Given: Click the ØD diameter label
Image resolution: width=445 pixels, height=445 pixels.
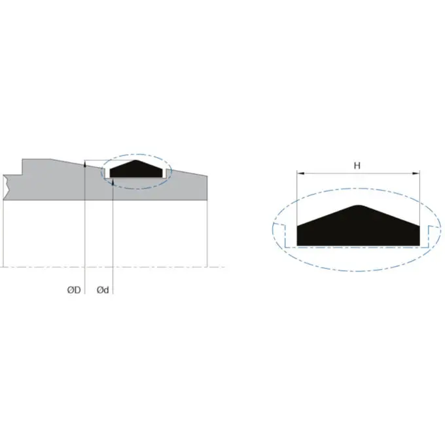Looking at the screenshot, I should [x=73, y=290].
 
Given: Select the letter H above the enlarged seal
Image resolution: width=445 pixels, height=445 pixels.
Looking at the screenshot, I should [x=357, y=166].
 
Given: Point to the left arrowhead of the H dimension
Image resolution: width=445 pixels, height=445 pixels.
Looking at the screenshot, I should [x=300, y=174].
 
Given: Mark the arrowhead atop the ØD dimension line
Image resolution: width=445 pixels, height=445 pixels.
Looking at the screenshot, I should [x=86, y=164].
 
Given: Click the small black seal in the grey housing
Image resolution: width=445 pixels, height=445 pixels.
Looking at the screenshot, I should [x=135, y=170].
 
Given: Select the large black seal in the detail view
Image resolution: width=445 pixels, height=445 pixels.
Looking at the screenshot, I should [x=357, y=229].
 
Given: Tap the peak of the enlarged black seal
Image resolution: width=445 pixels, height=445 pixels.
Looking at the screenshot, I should [x=357, y=206].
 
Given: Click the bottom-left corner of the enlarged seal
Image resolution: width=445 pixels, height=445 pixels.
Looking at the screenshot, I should [x=298, y=245].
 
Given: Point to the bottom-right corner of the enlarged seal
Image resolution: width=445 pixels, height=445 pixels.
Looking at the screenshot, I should [x=418, y=245].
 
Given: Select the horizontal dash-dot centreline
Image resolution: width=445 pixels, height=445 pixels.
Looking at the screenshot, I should [x=164, y=267].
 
